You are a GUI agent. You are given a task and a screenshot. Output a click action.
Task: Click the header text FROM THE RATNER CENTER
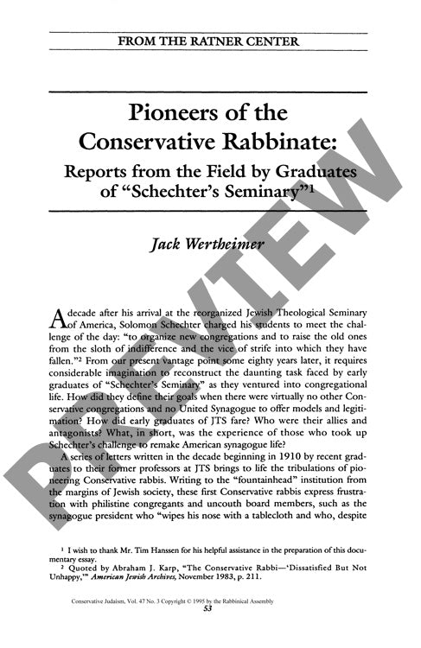click(x=210, y=41)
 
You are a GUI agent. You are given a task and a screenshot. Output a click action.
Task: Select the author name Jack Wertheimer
click(x=210, y=246)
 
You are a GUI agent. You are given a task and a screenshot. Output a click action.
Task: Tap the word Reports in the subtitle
click(x=101, y=169)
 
